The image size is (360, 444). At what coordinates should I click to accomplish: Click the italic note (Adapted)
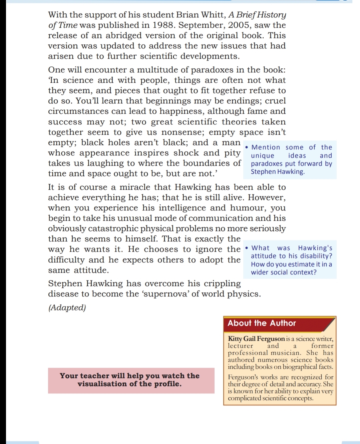pos(67,308)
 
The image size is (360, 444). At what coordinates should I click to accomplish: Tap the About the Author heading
pos(262,323)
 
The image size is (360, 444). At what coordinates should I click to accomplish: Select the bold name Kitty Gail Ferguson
pos(256,339)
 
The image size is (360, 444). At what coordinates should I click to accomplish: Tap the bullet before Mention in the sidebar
pos(246,147)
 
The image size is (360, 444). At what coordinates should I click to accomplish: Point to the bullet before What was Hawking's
pos(246,248)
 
